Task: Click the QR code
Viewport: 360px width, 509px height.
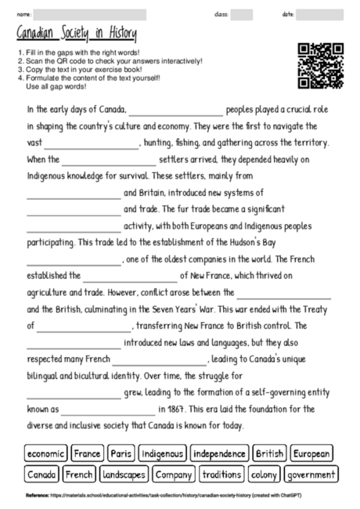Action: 321,66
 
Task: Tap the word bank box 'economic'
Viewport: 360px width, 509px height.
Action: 46,453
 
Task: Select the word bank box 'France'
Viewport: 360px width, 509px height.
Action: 88,453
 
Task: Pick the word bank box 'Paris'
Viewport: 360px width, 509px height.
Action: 121,453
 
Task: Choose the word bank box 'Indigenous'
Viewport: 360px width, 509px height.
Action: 163,453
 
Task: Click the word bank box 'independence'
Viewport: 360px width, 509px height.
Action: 219,453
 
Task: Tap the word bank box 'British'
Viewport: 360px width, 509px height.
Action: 269,453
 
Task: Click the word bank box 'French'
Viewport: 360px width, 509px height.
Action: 79,475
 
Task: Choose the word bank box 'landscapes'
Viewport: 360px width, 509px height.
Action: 124,475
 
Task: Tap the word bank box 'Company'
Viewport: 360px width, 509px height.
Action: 173,475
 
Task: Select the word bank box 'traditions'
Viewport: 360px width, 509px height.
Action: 221,475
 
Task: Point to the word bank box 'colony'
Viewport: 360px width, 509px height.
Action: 265,475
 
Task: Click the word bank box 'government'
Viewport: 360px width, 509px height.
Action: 311,475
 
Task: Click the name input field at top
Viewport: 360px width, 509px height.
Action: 90,14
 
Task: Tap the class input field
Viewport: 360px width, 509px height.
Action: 242,14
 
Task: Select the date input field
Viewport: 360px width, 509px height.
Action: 320,14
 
